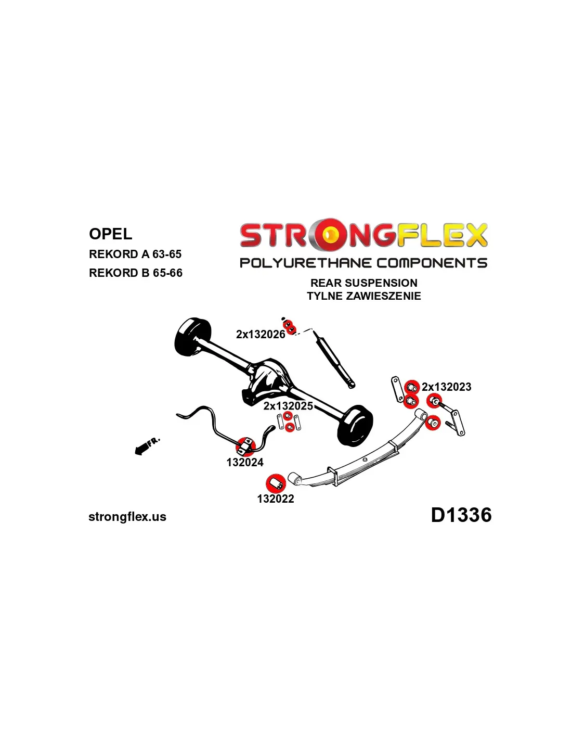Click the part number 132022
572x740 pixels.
(x=275, y=499)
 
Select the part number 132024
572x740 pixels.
(x=245, y=463)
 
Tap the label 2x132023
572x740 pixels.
(x=447, y=387)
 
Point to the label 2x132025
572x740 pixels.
(x=288, y=406)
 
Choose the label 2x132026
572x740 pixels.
(x=261, y=335)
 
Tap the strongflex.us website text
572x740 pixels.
(x=127, y=517)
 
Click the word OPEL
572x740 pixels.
(x=110, y=234)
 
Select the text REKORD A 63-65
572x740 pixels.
(x=135, y=254)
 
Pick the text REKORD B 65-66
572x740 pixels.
(x=135, y=273)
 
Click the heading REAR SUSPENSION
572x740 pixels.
(x=364, y=283)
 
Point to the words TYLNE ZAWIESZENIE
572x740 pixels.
(x=364, y=296)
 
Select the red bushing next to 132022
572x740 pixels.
(x=275, y=483)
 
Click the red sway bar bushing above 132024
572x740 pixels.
(x=245, y=446)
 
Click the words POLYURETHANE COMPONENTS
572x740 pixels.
(x=363, y=263)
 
